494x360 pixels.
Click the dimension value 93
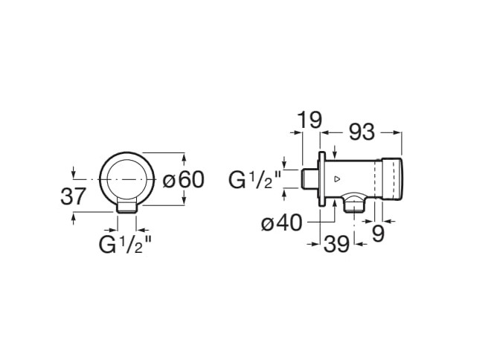362,132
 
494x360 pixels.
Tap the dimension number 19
310,120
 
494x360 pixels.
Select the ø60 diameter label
183,180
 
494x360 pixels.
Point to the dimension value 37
73,196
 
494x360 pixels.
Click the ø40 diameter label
282,223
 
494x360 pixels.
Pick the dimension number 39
337,244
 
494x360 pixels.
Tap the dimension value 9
379,234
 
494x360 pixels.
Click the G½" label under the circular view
126,245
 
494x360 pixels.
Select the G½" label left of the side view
255,180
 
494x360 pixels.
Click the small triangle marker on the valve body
337,179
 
